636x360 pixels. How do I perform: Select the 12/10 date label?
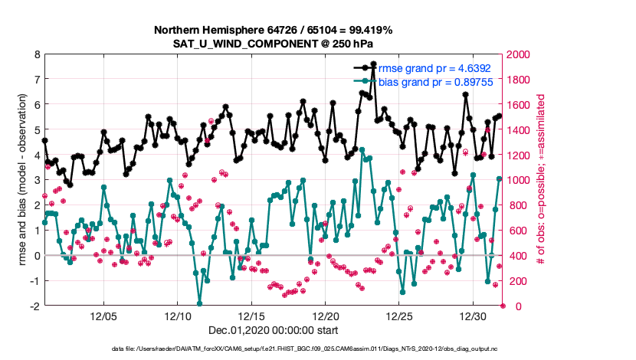pyautogui.click(x=177, y=316)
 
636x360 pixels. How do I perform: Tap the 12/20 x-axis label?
pyautogui.click(x=326, y=316)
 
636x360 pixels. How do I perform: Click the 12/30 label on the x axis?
pyautogui.click(x=474, y=316)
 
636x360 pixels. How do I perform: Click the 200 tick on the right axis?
pyautogui.click(x=515, y=280)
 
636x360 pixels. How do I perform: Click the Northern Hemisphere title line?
pyautogui.click(x=274, y=30)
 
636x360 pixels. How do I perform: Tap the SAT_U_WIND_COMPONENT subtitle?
pyautogui.click(x=274, y=43)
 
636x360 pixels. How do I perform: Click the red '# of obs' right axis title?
pyautogui.click(x=541, y=180)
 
